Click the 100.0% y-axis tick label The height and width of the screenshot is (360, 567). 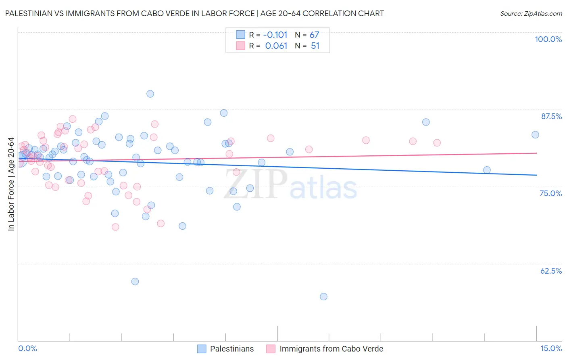[548, 39]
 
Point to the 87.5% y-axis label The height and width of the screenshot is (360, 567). [551, 116]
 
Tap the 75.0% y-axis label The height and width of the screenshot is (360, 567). [550, 193]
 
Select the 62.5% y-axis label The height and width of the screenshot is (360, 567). [551, 271]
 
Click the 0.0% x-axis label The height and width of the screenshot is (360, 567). [27, 348]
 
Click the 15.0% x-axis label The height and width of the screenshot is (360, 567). [551, 348]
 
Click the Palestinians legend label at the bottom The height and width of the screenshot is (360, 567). [232, 349]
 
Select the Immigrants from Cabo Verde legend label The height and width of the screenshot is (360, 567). [331, 349]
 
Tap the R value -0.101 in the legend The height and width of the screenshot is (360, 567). [276, 35]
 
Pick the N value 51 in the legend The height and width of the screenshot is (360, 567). [315, 46]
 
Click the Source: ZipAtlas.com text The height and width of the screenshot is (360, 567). [531, 13]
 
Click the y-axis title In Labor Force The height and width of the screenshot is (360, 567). [11, 184]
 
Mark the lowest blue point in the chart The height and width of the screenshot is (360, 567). [323, 297]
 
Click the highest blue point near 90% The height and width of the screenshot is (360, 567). [150, 94]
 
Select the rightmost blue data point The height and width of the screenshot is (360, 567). [535, 135]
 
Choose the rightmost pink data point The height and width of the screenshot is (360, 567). [437, 142]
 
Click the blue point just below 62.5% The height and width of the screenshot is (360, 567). [135, 281]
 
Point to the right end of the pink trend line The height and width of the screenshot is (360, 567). [536, 153]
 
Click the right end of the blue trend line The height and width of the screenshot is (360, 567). [536, 175]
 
